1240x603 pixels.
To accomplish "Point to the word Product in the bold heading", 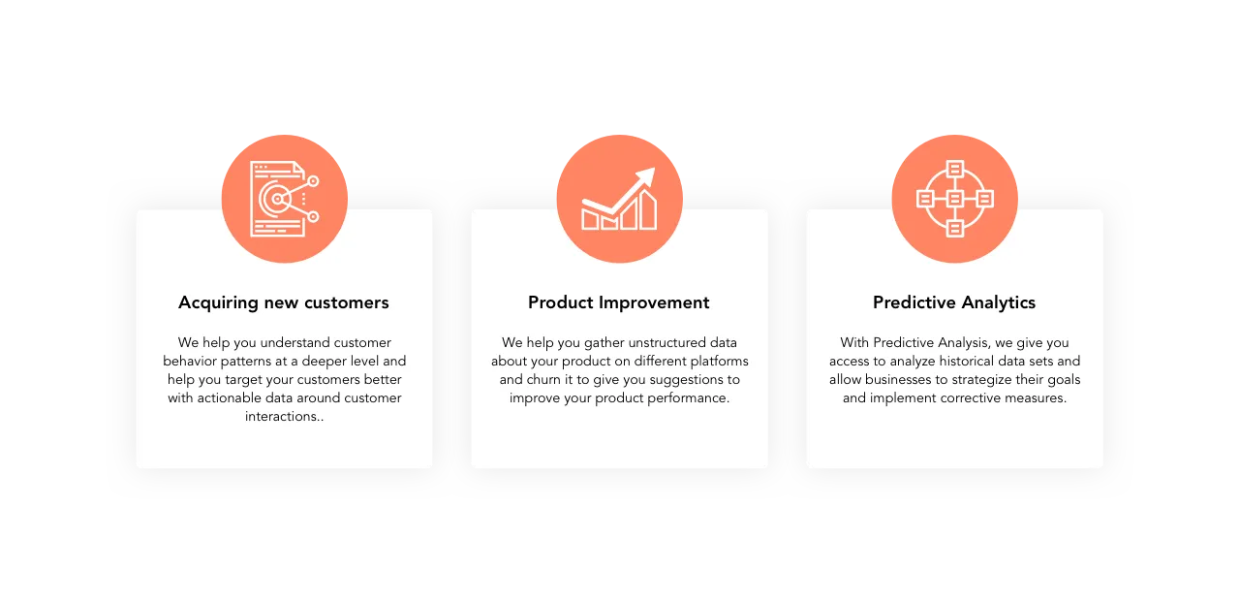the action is pyautogui.click(x=560, y=302).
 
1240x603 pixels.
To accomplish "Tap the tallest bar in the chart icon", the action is pyautogui.click(x=648, y=209).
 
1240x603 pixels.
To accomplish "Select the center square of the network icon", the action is pyautogui.click(x=954, y=199).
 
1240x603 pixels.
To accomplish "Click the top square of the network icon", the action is pyautogui.click(x=954, y=169).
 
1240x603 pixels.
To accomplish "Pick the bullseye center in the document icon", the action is pyautogui.click(x=277, y=199).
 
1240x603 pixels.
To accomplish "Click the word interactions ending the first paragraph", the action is pyautogui.click(x=281, y=416).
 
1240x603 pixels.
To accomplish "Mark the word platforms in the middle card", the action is pyautogui.click(x=719, y=362).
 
